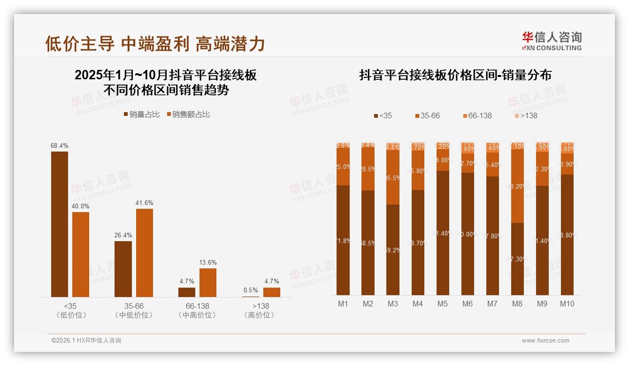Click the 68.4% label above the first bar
[59, 145]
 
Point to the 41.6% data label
[145, 203]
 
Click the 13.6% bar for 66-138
[208, 282]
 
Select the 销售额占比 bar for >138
[272, 292]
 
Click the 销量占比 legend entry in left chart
[142, 114]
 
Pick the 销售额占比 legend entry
[188, 114]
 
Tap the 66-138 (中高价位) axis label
[197, 310]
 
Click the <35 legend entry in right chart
[383, 115]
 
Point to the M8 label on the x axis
[517, 304]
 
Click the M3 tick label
[392, 304]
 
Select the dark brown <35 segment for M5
[442, 233]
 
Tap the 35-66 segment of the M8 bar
[517, 186]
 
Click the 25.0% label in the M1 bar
[343, 167]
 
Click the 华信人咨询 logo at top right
[552, 41]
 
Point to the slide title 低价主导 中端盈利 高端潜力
[155, 44]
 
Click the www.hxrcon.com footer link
[545, 341]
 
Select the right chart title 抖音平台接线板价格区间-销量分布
[455, 75]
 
